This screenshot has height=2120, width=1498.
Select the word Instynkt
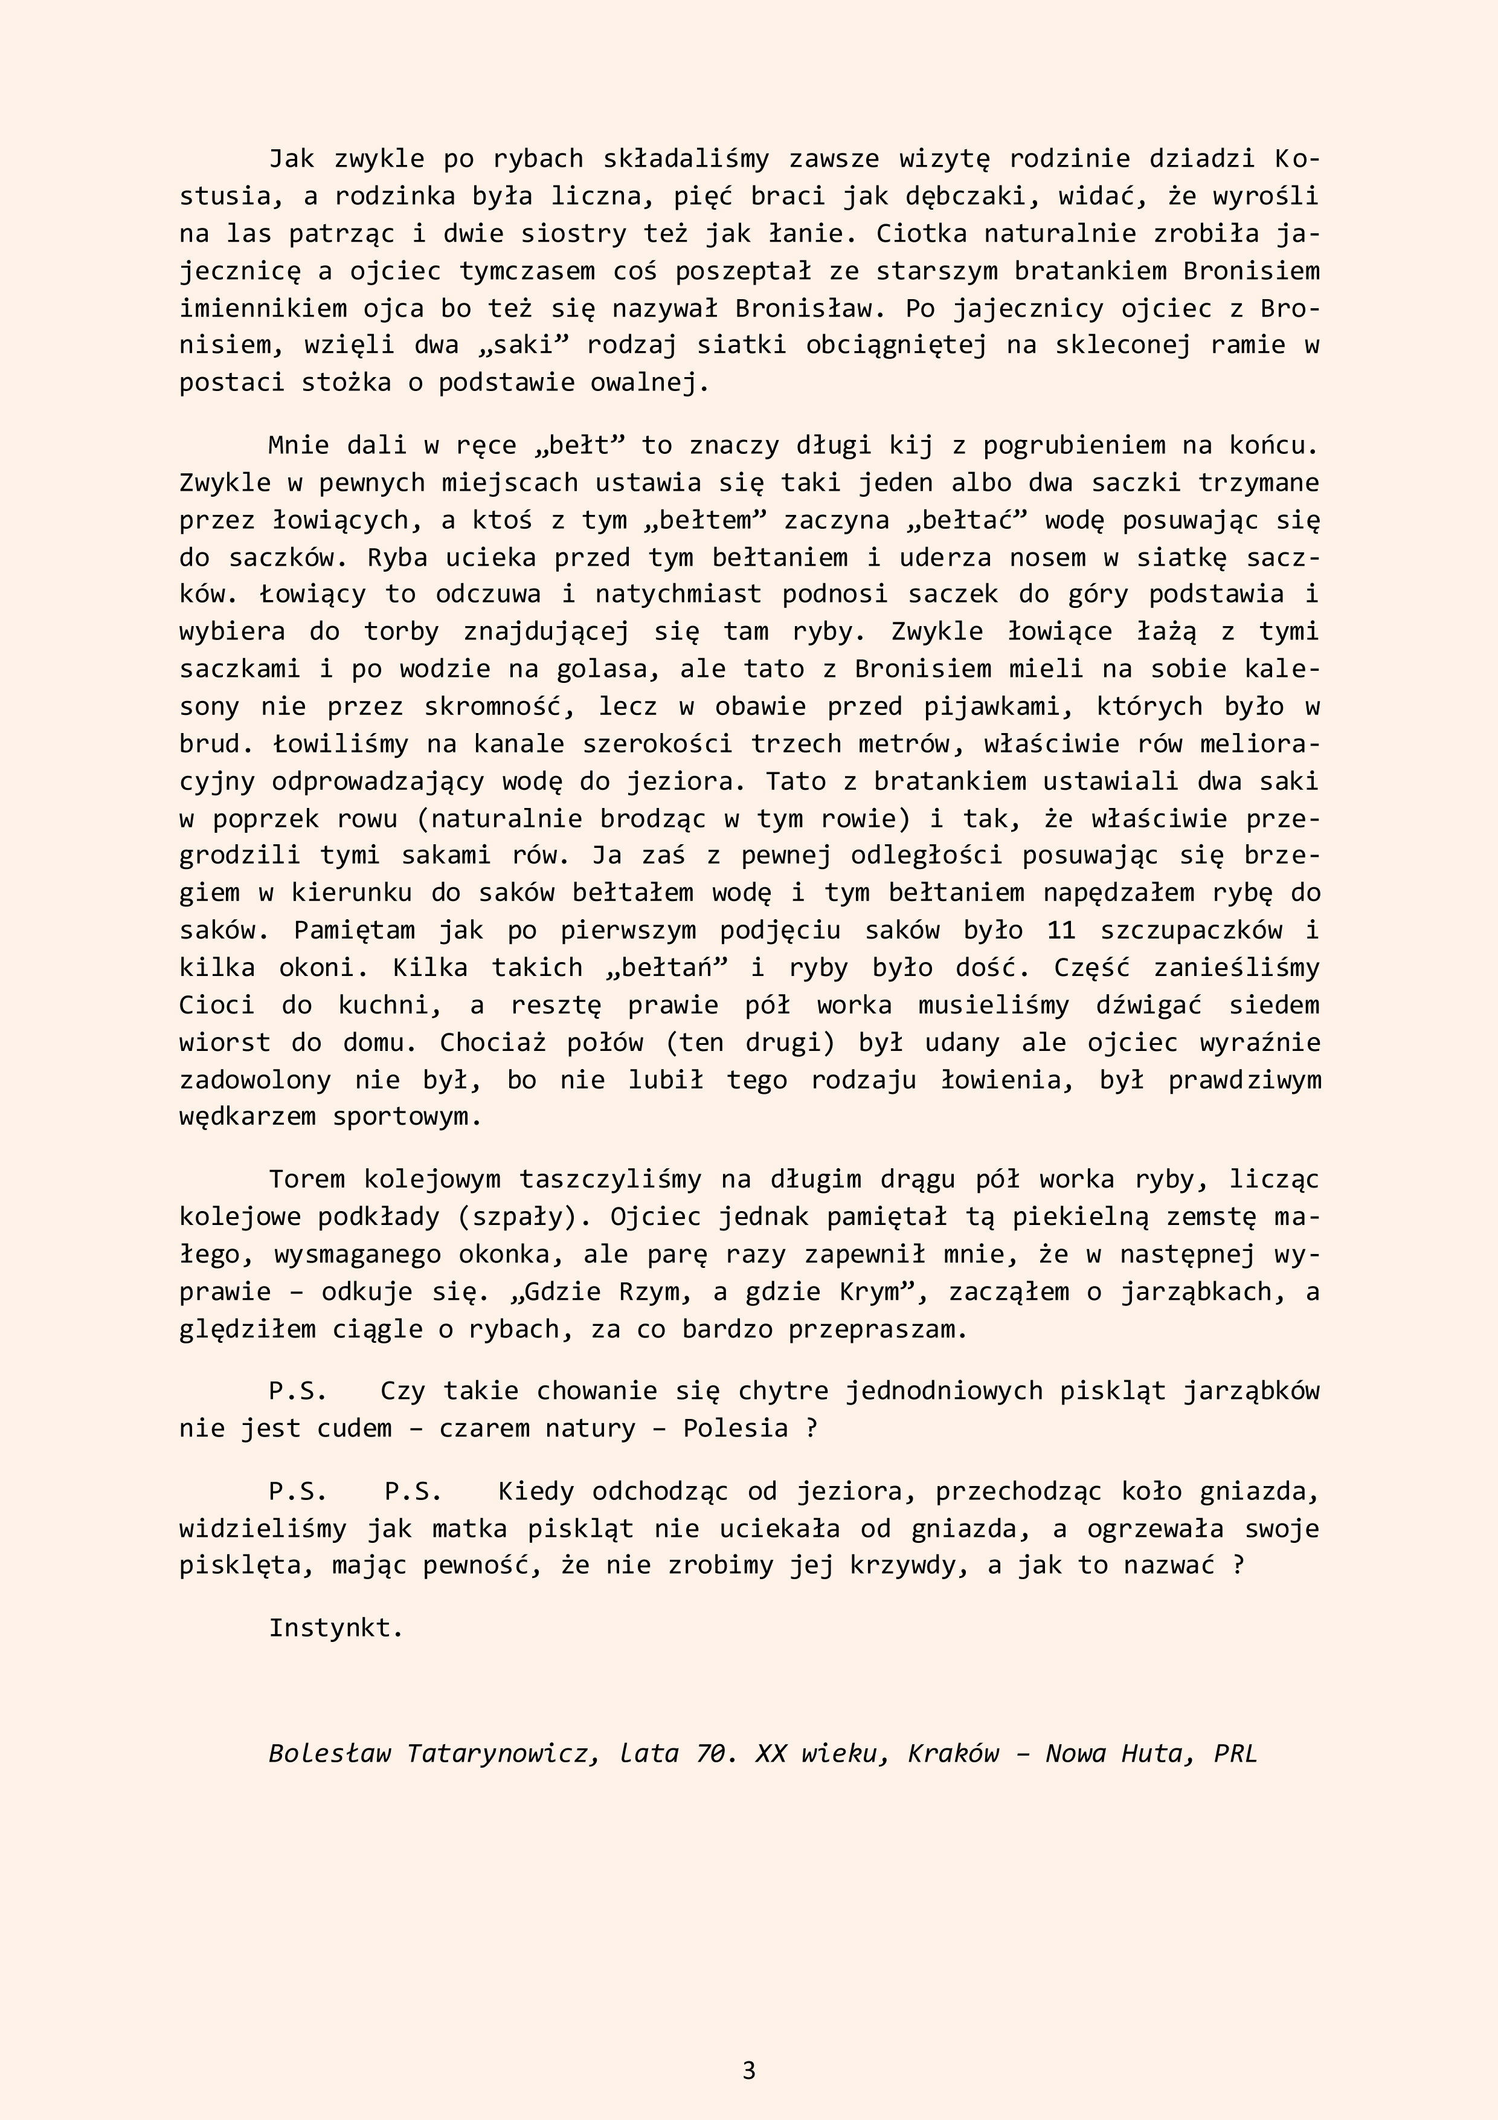[x=336, y=1628]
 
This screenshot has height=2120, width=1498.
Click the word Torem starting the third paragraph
[x=306, y=1179]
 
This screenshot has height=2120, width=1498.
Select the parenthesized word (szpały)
[x=523, y=1217]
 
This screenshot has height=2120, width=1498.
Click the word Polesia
[x=735, y=1429]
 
